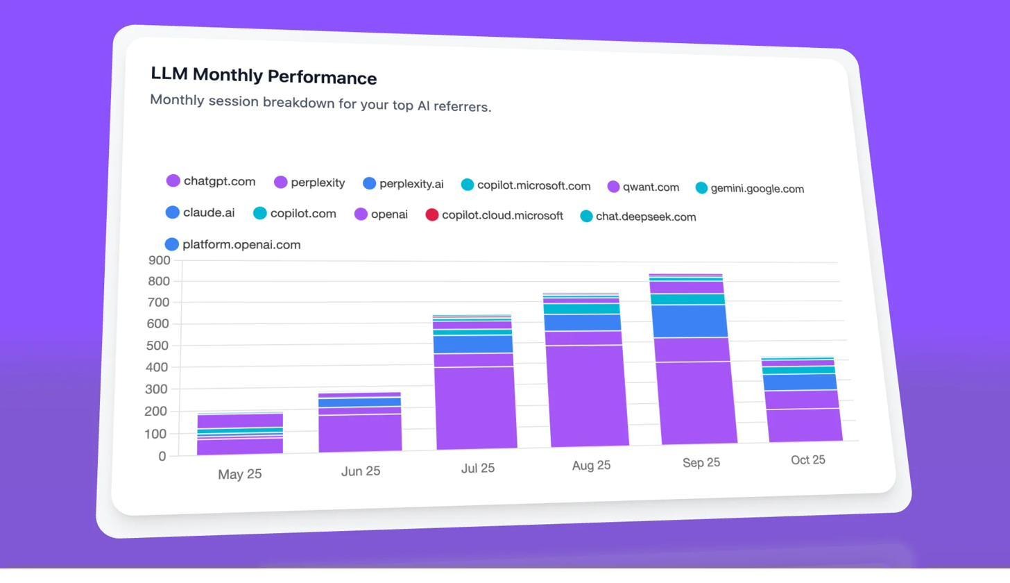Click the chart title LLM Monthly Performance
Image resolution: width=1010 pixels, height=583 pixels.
pyautogui.click(x=264, y=76)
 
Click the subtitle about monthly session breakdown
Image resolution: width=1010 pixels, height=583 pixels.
pyautogui.click(x=320, y=103)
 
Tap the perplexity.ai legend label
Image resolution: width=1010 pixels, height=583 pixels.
pyautogui.click(x=411, y=184)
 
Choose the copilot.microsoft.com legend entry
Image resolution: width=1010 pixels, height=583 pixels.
pyautogui.click(x=533, y=185)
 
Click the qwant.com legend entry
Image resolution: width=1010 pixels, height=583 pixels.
pyautogui.click(x=650, y=187)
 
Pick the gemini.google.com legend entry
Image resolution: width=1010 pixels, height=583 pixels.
pyautogui.click(x=757, y=188)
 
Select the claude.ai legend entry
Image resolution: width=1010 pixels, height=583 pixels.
pyautogui.click(x=208, y=212)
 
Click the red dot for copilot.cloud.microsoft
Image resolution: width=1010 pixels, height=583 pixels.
pyautogui.click(x=431, y=214)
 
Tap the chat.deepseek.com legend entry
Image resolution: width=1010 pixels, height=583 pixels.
pyautogui.click(x=645, y=217)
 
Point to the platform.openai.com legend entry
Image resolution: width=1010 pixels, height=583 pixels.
pyautogui.click(x=241, y=244)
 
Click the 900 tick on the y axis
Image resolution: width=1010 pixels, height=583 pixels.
pyautogui.click(x=159, y=260)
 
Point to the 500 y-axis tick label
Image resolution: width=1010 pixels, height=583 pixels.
pyautogui.click(x=158, y=345)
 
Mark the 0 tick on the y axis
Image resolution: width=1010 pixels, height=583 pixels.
pyautogui.click(x=162, y=456)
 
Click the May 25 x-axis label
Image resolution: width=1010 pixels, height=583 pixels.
pyautogui.click(x=239, y=474)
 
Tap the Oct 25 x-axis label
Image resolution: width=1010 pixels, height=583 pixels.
pyautogui.click(x=807, y=460)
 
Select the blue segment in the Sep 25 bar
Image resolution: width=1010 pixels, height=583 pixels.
pyautogui.click(x=689, y=321)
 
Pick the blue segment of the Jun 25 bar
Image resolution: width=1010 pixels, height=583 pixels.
pyautogui.click(x=359, y=402)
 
